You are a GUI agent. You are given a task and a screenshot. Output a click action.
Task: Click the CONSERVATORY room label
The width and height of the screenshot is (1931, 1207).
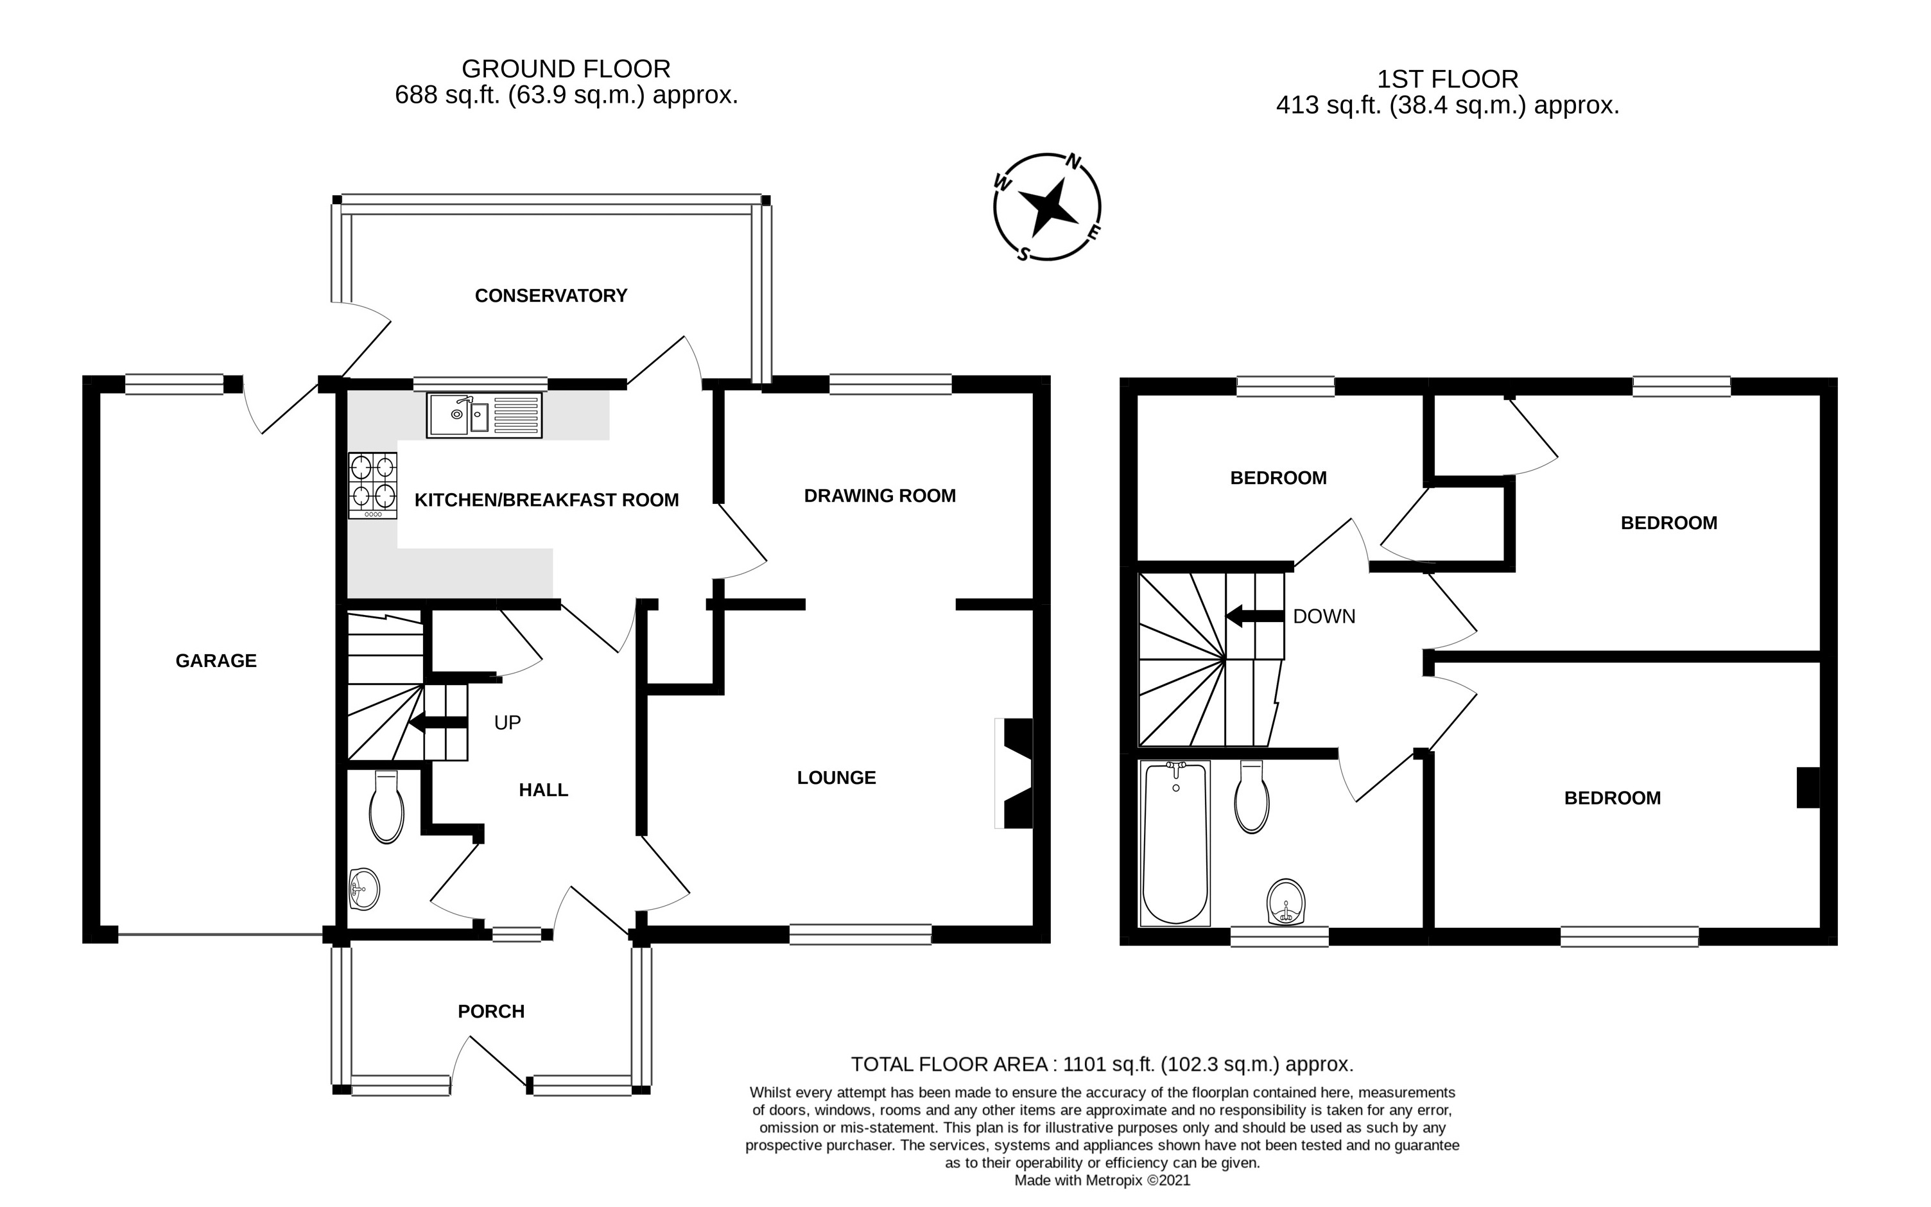click(551, 296)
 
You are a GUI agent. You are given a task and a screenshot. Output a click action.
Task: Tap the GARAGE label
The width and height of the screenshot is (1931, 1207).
click(216, 661)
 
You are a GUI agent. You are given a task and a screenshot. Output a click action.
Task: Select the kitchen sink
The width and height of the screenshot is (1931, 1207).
click(483, 415)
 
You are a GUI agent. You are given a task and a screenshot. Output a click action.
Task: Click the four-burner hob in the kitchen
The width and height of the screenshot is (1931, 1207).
click(372, 485)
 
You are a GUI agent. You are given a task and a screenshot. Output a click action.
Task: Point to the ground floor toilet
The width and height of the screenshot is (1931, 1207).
click(387, 808)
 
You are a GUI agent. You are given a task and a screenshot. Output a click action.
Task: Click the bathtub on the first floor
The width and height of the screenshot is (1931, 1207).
click(1175, 844)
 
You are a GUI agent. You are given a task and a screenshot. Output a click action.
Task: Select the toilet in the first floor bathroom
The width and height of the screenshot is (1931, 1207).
click(1251, 797)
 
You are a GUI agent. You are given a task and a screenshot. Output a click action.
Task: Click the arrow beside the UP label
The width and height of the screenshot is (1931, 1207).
click(437, 724)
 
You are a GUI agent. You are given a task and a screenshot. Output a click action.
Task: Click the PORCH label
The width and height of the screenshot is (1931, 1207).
click(490, 1011)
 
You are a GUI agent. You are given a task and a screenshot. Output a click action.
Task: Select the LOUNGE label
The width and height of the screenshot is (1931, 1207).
click(836, 777)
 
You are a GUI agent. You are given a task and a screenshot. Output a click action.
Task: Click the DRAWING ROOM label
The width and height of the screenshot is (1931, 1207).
click(879, 496)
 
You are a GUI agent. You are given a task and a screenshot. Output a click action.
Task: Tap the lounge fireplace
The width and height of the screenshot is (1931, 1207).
click(1015, 774)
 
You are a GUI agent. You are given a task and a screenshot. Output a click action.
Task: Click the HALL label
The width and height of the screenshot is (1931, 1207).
click(543, 790)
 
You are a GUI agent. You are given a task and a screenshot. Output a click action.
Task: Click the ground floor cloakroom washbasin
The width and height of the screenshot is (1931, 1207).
click(364, 889)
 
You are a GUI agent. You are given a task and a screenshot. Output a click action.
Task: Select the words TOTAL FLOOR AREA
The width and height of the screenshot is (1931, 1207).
click(949, 1064)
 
